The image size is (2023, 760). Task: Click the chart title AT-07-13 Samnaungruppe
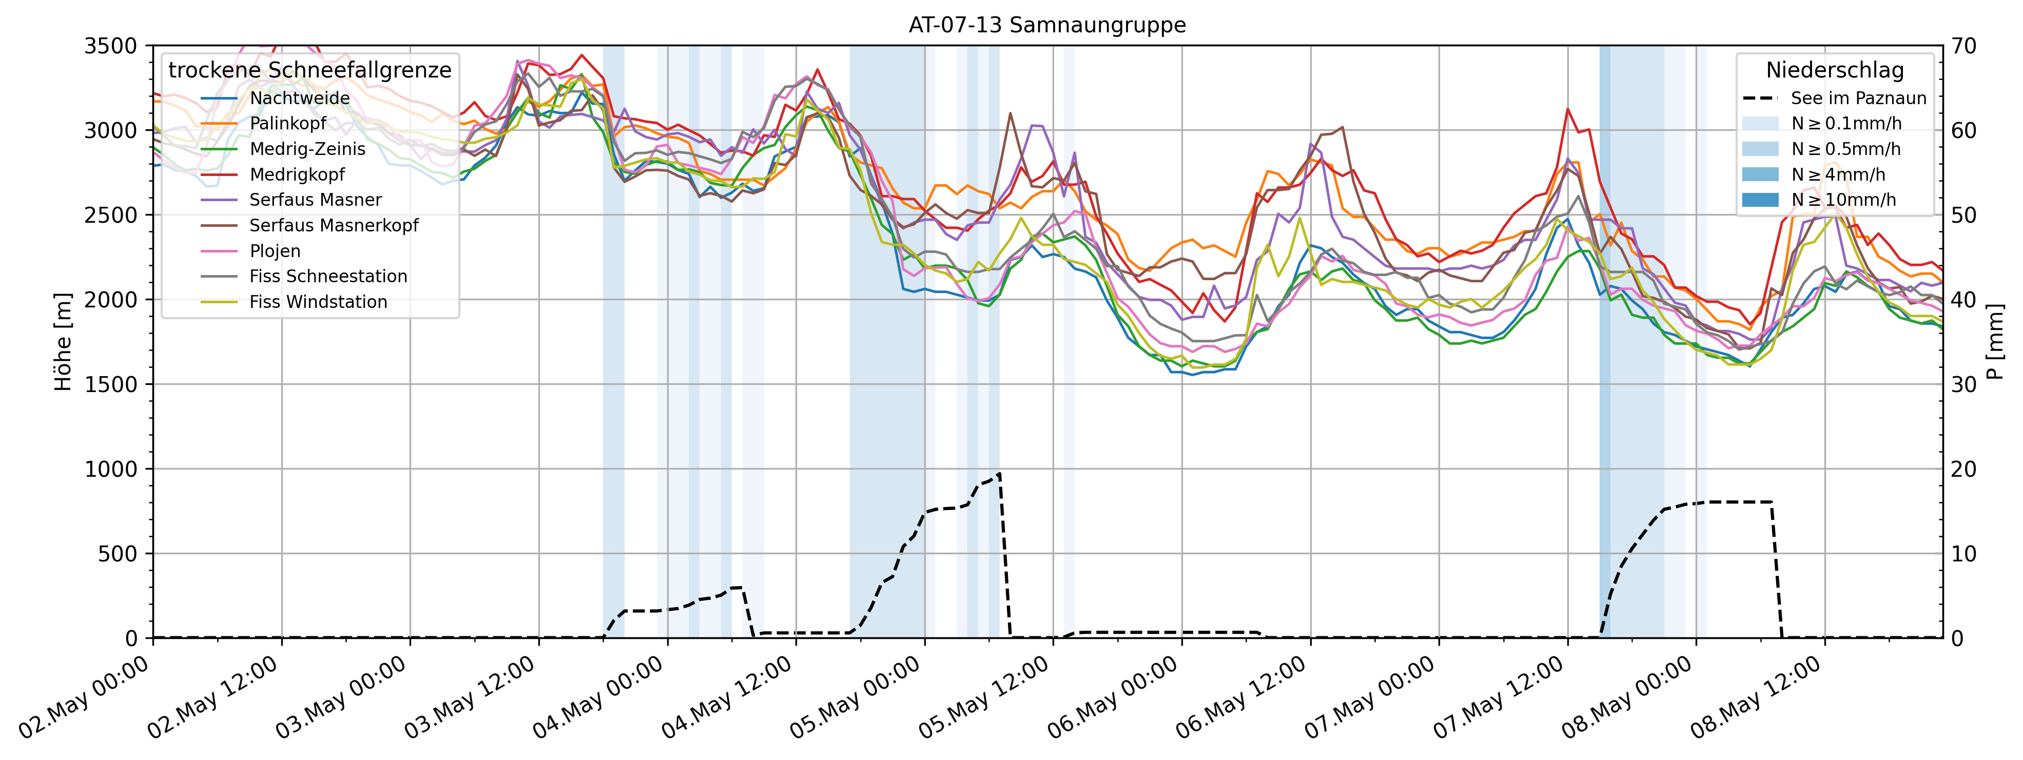point(1047,25)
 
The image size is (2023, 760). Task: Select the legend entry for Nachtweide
point(299,98)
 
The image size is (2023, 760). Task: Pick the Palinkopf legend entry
point(287,123)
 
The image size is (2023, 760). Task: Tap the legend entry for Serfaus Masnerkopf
point(333,225)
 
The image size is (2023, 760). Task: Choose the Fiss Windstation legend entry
point(318,302)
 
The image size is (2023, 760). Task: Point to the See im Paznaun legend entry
point(1858,98)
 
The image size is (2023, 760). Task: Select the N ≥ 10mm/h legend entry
point(1843,200)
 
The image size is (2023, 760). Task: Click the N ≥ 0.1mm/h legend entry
point(1845,123)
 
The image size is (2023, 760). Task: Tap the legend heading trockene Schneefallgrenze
point(309,71)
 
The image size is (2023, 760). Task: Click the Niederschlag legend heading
point(1835,71)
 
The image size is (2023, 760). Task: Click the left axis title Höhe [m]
point(63,342)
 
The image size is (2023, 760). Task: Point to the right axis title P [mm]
point(1995,342)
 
